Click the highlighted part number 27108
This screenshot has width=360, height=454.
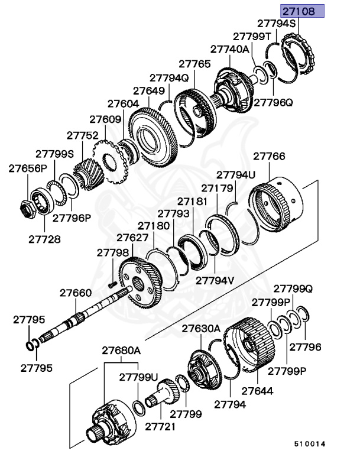click(302, 10)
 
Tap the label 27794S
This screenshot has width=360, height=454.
click(275, 24)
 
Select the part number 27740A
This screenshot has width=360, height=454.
click(229, 50)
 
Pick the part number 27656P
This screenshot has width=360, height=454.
click(27, 168)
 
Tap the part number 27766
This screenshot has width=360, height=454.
click(269, 157)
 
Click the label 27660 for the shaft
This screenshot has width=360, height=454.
click(76, 292)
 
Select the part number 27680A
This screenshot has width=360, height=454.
click(121, 350)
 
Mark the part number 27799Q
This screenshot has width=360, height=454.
click(292, 289)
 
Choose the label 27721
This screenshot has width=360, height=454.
click(161, 426)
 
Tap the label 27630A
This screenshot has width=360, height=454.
click(200, 328)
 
